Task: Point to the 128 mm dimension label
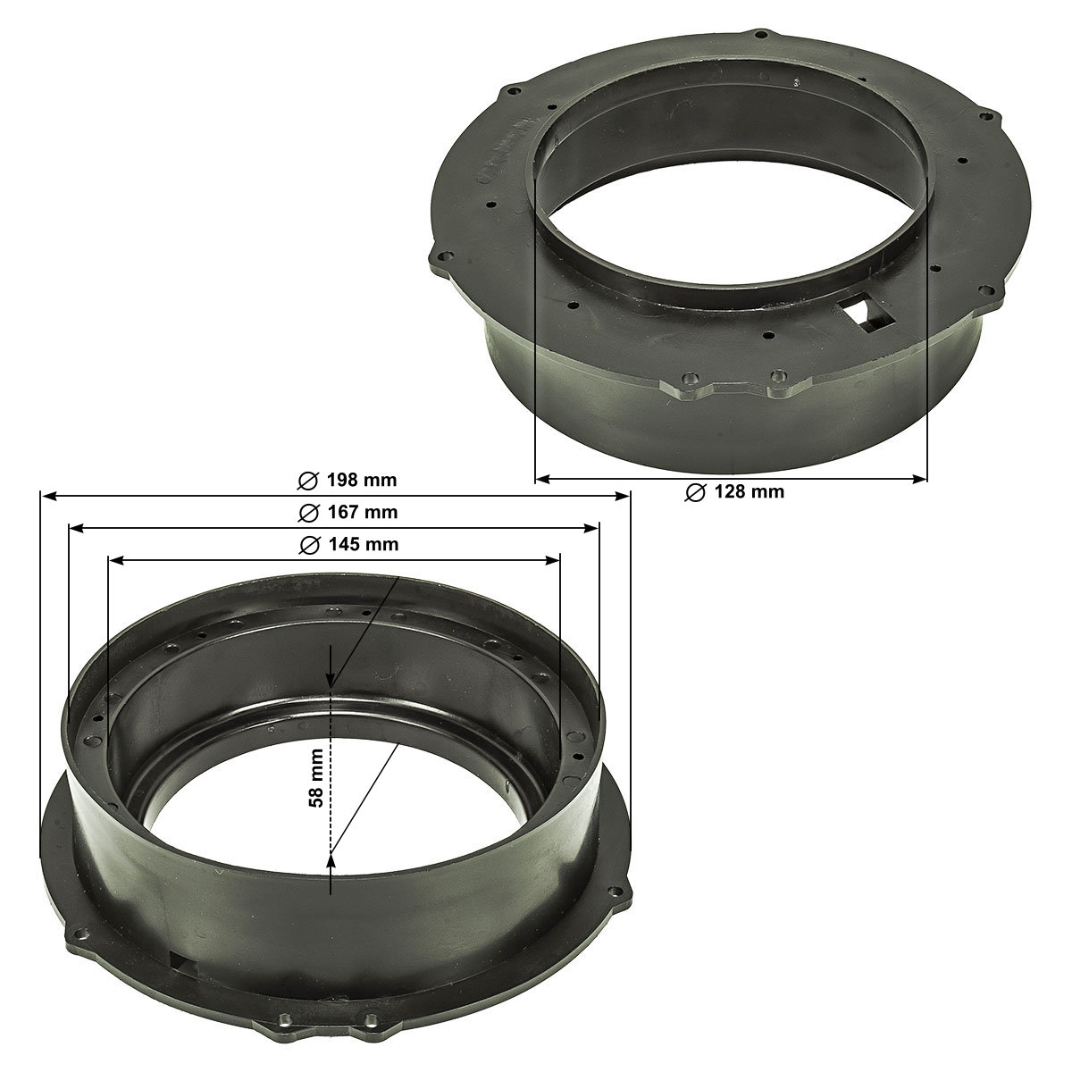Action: point(749,491)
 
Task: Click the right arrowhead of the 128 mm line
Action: point(919,480)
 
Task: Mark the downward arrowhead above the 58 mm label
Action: point(331,680)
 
